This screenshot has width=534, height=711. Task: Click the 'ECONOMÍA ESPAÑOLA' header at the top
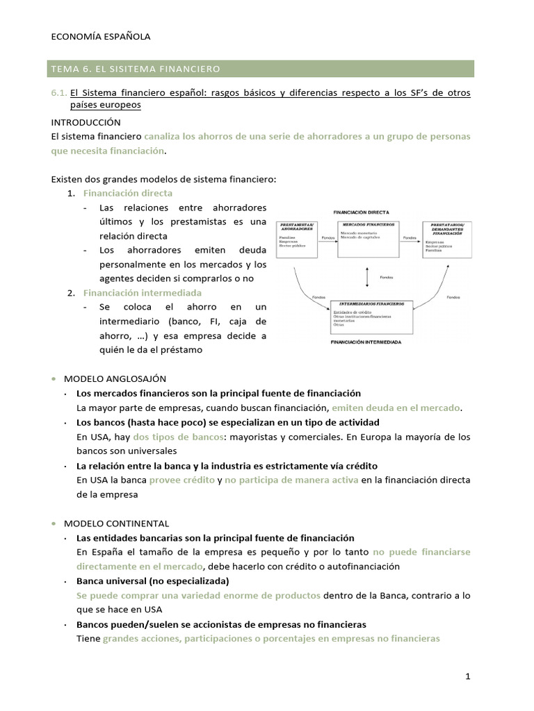click(101, 37)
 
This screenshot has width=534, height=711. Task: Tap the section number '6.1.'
click(59, 92)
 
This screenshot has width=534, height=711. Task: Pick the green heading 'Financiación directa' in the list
click(127, 193)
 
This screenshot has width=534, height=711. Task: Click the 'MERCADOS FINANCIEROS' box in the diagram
click(368, 240)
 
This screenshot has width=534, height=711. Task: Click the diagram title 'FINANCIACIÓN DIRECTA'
click(361, 212)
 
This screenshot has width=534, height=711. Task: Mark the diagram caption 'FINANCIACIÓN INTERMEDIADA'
click(366, 342)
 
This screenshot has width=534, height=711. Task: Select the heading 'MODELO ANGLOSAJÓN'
click(115, 378)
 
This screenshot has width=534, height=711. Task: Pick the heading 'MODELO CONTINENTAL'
click(116, 523)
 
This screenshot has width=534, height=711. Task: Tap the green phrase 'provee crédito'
click(181, 480)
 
